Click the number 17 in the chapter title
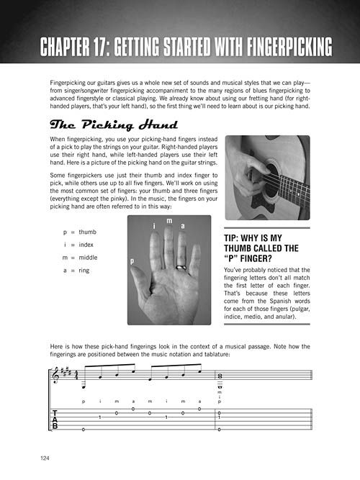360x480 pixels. (x=102, y=47)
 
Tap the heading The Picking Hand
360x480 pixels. (x=114, y=124)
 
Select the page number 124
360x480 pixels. (x=45, y=458)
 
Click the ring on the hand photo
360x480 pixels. (x=181, y=268)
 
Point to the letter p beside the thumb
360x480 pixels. (x=132, y=261)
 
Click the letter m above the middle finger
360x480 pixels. (x=169, y=221)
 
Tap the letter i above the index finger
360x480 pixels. (x=154, y=226)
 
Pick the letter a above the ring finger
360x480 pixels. (x=183, y=226)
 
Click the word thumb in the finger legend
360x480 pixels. (x=87, y=232)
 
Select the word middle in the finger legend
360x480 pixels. (x=88, y=258)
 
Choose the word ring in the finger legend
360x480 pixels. (x=84, y=271)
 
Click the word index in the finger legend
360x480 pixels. (x=86, y=245)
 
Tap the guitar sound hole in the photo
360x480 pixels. (x=272, y=181)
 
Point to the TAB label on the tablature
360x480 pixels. (x=55, y=420)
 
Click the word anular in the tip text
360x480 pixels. (x=285, y=317)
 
